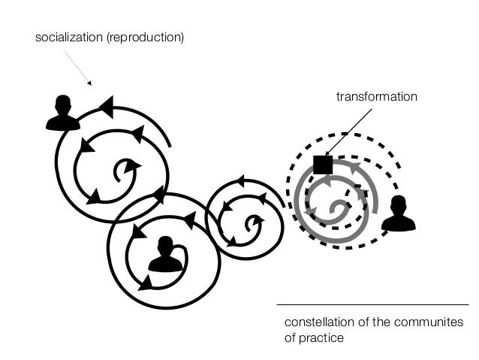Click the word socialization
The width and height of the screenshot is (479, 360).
pos(69,37)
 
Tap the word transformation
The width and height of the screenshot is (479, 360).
pos(376,97)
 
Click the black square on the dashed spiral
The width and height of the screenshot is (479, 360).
pos(323,164)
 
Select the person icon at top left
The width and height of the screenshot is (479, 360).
pos(62,113)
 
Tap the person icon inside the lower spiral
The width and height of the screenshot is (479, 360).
pos(165,255)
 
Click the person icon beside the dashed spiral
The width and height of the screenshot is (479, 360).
pos(398,214)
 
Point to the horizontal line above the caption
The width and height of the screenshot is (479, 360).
pos(372,304)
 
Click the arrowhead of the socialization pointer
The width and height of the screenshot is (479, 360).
pos(89,83)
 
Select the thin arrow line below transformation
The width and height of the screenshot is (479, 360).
pos(349,132)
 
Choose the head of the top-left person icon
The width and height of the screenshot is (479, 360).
pos(63,103)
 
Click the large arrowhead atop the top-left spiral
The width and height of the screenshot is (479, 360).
pos(107,107)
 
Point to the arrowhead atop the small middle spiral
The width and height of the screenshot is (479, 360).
pos(240,180)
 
